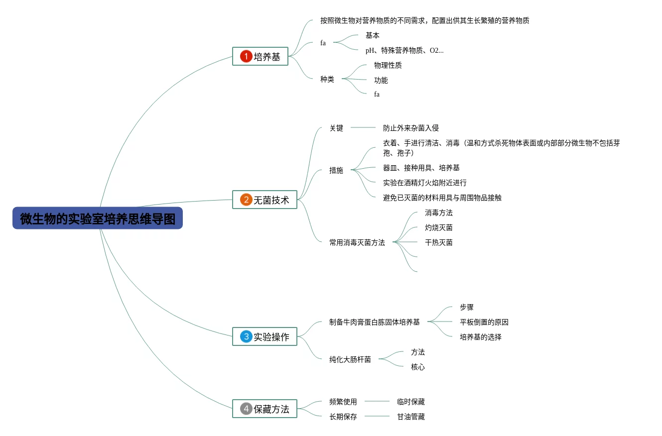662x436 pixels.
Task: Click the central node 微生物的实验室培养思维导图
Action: pos(98,218)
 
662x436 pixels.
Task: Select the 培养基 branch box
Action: pos(260,56)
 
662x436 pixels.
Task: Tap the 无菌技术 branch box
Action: pos(265,200)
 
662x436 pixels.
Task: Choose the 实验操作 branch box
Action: pos(265,336)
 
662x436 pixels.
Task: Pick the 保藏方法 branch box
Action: pos(265,409)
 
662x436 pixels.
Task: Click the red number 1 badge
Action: pos(246,56)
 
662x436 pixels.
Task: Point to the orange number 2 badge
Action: pos(246,200)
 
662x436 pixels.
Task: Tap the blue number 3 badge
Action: pos(246,336)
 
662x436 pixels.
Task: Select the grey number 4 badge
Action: pos(246,409)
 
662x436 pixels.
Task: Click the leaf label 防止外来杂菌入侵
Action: pos(410,128)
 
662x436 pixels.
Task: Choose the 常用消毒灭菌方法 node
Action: pos(357,242)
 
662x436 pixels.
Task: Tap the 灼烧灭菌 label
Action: pos(438,227)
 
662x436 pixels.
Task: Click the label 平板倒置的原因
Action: pos(484,322)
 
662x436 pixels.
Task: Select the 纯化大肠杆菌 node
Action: pos(350,359)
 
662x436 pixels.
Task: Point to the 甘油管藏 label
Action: pos(410,417)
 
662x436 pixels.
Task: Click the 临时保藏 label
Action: pos(410,402)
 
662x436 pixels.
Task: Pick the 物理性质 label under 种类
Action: pos(388,65)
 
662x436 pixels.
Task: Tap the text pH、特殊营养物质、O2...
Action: pos(404,50)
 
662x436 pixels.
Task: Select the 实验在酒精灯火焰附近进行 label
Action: pos(424,183)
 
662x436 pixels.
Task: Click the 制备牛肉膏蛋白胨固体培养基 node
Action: pos(374,322)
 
